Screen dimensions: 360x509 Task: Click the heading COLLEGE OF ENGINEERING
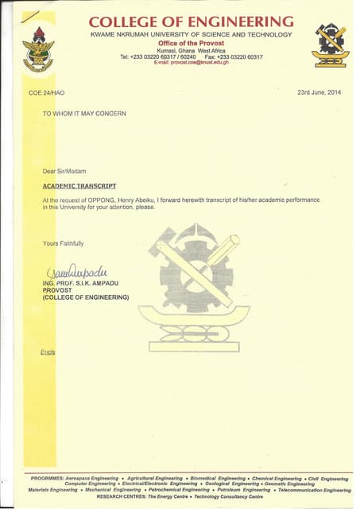click(191, 21)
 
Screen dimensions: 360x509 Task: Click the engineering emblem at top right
click(329, 45)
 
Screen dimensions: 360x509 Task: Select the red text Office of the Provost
click(191, 43)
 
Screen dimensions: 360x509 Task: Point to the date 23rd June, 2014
click(319, 93)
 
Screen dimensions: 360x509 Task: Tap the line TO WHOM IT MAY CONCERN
click(84, 114)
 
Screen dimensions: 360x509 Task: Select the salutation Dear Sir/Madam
click(64, 171)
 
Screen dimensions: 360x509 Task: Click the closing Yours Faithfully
click(64, 243)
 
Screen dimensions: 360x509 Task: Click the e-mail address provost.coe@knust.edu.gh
click(191, 62)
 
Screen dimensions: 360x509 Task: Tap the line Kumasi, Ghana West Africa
click(191, 50)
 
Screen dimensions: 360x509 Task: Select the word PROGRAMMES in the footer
click(48, 479)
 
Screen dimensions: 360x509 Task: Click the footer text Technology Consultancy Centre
click(227, 496)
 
